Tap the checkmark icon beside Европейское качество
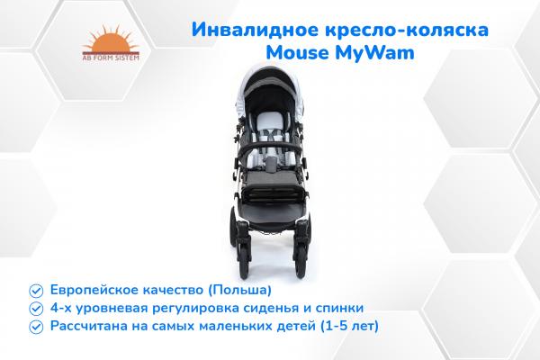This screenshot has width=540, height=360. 35,291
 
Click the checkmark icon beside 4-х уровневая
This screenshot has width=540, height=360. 35,307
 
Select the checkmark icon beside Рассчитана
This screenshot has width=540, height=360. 35,324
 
